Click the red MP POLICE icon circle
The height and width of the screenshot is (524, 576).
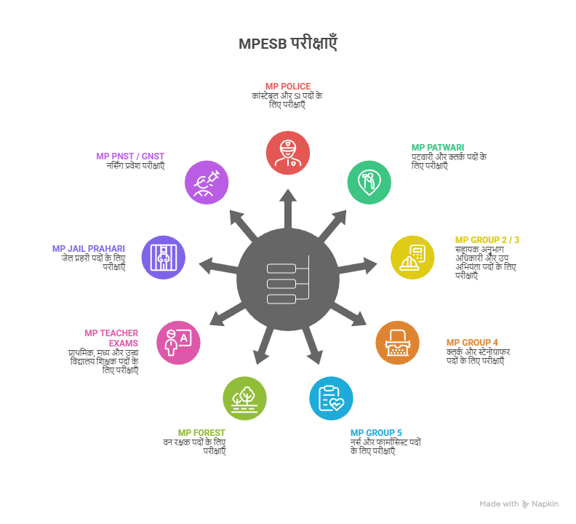288,154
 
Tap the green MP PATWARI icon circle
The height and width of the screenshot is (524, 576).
369,181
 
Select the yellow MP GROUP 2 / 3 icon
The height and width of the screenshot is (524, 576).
412,257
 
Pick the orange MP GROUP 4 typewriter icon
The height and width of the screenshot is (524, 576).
397,342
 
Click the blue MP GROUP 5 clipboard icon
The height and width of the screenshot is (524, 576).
331,398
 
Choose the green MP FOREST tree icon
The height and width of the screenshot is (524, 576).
244,398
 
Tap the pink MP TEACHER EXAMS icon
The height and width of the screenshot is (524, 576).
178,342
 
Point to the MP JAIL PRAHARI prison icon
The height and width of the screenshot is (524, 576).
163,257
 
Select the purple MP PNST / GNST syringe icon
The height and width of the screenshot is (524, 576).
207,181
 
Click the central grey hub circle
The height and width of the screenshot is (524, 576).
288,281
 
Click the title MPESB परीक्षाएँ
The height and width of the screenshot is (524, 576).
288,44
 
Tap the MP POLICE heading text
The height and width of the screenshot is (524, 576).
288,87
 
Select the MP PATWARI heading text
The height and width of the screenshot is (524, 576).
437,147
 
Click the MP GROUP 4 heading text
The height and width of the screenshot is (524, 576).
472,342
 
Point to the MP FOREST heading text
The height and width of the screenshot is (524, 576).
201,432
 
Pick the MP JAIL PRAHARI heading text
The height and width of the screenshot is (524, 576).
88,248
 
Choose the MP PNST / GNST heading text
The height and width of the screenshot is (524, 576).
130,156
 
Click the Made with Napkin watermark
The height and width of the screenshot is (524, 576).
519,504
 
